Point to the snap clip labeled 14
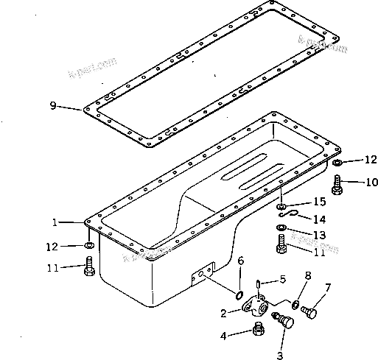[292, 216]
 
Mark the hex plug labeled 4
[259, 330]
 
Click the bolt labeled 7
[310, 313]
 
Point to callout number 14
[319, 219]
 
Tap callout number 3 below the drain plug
[279, 354]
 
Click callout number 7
[328, 286]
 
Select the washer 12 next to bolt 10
[336, 162]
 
